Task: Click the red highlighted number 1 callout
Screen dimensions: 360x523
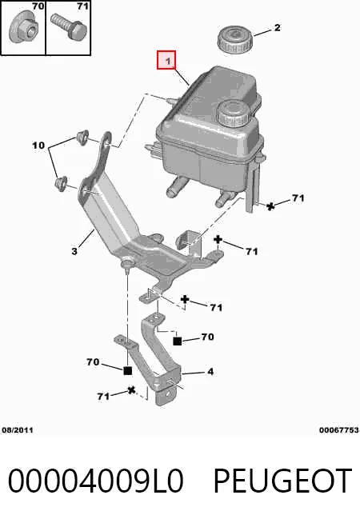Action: click(x=166, y=60)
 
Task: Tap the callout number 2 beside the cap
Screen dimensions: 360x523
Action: click(x=277, y=27)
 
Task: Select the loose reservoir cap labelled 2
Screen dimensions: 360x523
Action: click(x=235, y=39)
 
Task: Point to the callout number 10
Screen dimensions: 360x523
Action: click(x=38, y=145)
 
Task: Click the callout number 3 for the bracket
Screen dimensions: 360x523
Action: click(x=74, y=251)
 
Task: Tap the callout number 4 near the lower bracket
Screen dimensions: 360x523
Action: click(x=210, y=371)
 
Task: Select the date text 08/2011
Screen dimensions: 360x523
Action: click(x=18, y=430)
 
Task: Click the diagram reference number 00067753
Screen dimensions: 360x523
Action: click(x=338, y=430)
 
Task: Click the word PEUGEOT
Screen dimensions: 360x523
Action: click(x=282, y=481)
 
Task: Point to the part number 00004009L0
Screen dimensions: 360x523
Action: click(x=95, y=481)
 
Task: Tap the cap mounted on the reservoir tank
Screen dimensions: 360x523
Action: click(x=232, y=113)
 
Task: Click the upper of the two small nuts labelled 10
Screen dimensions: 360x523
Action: click(x=82, y=137)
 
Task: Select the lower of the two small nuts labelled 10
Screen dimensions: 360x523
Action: click(x=61, y=183)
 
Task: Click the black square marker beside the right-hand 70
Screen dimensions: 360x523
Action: click(x=177, y=341)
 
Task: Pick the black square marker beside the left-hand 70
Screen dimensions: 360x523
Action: click(x=128, y=370)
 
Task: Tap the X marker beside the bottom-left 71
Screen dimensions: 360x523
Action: click(x=132, y=390)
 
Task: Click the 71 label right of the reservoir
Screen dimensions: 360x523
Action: click(x=298, y=198)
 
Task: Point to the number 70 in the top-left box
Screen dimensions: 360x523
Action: click(x=38, y=6)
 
